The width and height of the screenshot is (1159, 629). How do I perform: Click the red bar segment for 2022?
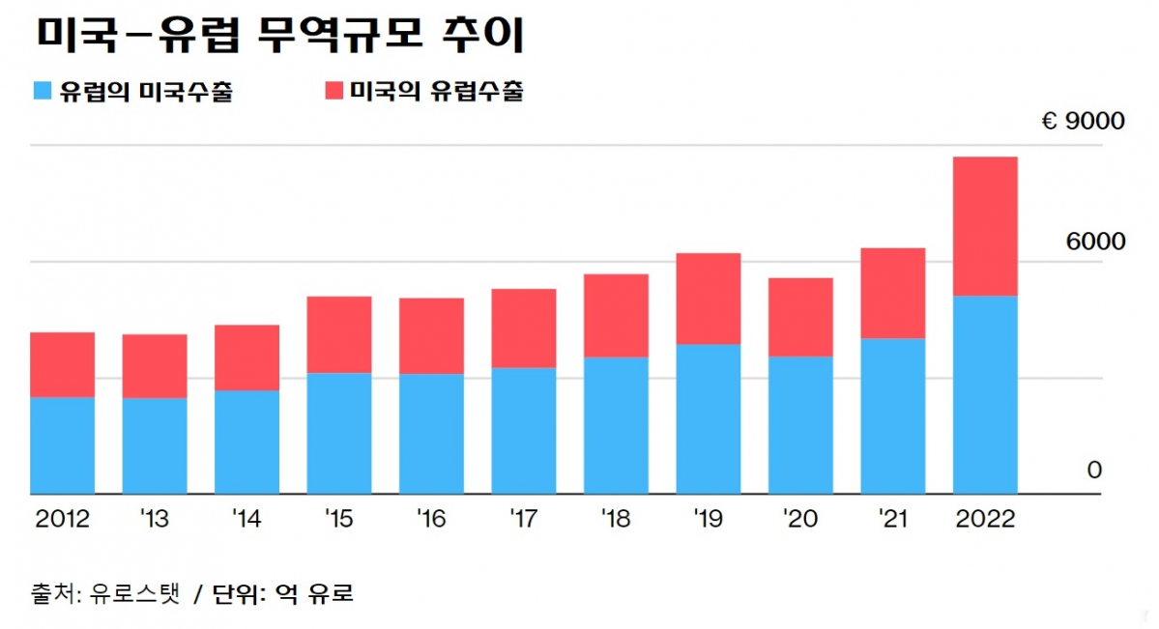[984, 226]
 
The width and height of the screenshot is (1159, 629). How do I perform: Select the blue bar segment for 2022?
[984, 394]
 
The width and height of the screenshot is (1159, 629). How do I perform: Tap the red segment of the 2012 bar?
[63, 364]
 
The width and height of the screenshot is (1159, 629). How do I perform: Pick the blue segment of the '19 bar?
[708, 418]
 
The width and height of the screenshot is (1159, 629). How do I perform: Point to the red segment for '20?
[800, 317]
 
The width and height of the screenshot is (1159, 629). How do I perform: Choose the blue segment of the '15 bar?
[338, 433]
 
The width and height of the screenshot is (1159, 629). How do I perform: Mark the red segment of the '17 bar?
[523, 329]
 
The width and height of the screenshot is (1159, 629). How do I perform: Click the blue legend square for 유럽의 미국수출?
[42, 92]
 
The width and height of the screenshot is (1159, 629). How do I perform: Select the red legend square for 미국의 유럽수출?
[333, 92]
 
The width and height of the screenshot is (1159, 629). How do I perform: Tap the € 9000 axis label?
[1083, 123]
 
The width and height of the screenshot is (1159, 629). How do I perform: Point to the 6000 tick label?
[1095, 242]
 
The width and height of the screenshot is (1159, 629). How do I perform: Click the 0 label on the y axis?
[1094, 471]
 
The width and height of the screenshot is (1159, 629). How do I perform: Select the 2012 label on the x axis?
[62, 520]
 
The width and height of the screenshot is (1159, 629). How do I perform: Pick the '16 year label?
[431, 520]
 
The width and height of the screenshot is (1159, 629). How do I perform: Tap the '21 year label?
[892, 520]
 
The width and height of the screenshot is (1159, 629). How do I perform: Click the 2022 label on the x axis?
[985, 520]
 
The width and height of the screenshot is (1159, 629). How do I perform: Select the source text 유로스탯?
[134, 593]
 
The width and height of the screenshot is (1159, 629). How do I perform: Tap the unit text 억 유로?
[313, 593]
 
